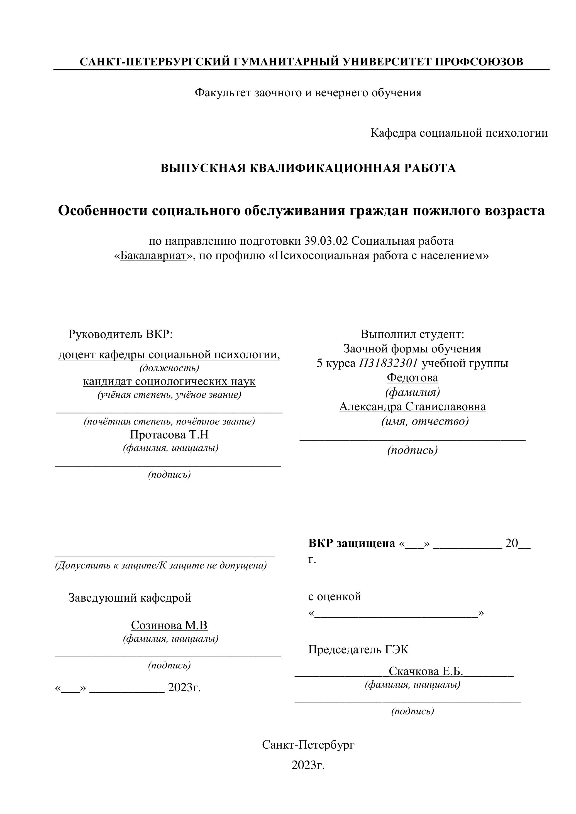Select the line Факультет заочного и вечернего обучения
coord(308,93)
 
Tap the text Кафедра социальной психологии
coord(459,133)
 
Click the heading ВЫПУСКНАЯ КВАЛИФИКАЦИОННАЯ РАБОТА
coord(308,168)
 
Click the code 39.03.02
coord(327,241)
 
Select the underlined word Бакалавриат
coord(153,256)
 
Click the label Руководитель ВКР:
coord(120,334)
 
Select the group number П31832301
coord(388,363)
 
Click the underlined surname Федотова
coord(412,378)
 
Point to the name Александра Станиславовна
coord(412,407)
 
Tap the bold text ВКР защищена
coord(352,543)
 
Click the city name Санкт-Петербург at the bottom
coord(308,745)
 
